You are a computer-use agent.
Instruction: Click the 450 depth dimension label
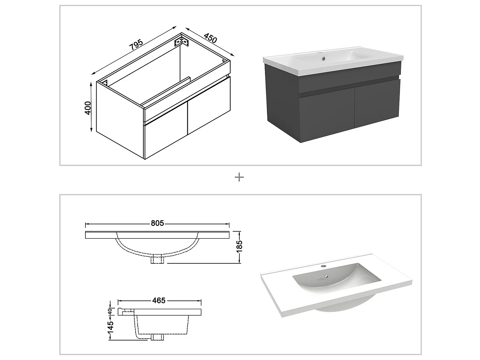click(210, 38)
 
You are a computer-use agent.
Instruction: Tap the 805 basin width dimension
click(157, 223)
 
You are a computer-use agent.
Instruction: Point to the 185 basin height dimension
click(239, 246)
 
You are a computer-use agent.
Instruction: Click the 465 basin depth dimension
click(159, 300)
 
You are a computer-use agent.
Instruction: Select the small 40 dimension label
click(110, 311)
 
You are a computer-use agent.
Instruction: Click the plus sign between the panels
click(239, 177)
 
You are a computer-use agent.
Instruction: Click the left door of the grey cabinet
click(326, 115)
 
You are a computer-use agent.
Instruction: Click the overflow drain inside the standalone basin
click(326, 277)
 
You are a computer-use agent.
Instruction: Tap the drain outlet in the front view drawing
click(158, 260)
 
